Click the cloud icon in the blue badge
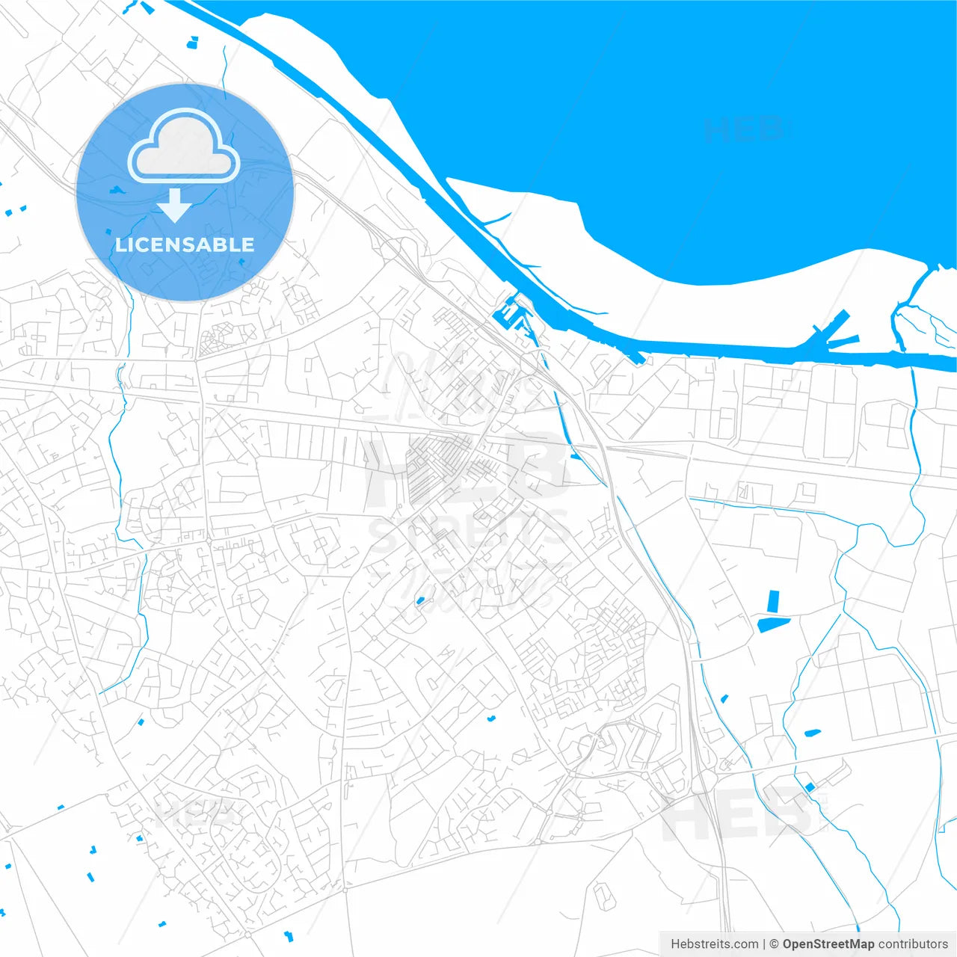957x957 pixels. [184, 147]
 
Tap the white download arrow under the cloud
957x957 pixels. [175, 206]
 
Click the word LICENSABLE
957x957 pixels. [185, 244]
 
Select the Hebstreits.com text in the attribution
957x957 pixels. [714, 944]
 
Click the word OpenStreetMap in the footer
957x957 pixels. [828, 944]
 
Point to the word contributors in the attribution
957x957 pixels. [912, 944]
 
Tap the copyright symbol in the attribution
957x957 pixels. [774, 944]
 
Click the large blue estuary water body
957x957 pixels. [636, 112]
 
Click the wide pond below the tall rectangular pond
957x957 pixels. [773, 624]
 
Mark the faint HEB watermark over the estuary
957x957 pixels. [745, 130]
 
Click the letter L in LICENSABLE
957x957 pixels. [120, 244]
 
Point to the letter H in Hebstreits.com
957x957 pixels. [675, 944]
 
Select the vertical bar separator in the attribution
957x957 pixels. [764, 944]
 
